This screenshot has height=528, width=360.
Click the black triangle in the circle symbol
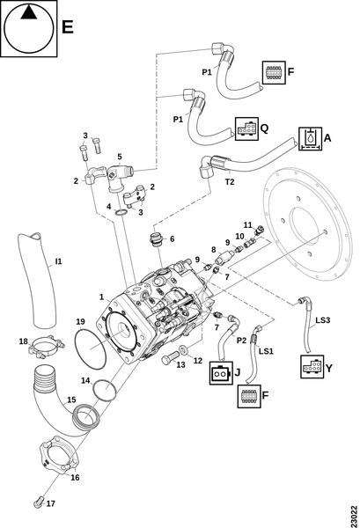pyautogui.click(x=29, y=13)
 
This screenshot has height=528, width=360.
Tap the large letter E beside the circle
pyautogui.click(x=68, y=26)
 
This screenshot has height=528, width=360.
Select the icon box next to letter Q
pyautogui.click(x=246, y=128)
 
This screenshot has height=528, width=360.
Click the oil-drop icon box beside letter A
pyautogui.click(x=310, y=138)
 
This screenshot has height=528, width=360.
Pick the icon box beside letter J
pyautogui.click(x=221, y=373)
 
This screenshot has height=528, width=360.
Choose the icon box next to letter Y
pyautogui.click(x=312, y=366)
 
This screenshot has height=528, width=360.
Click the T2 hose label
pyautogui.click(x=230, y=182)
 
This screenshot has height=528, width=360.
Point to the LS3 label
pyautogui.click(x=323, y=320)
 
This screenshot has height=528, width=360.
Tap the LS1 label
pyautogui.click(x=266, y=351)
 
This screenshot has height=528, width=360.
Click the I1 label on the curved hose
pyautogui.click(x=59, y=261)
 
